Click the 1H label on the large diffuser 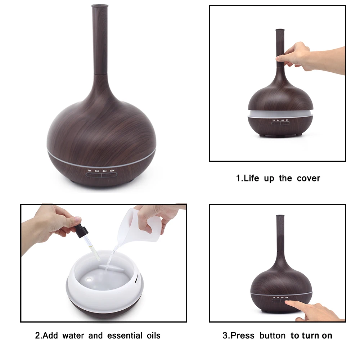coord(90,171)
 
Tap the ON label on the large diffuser coord(112,171)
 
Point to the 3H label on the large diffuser coord(97,171)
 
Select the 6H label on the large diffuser coord(104,171)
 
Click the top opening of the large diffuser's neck coord(100,5)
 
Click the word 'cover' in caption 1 coord(309,179)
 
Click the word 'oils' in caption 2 coord(154,336)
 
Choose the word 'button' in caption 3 coord(273,336)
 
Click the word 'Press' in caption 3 coord(242,336)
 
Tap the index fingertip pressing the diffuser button coord(287,302)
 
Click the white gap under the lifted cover coord(280,113)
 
